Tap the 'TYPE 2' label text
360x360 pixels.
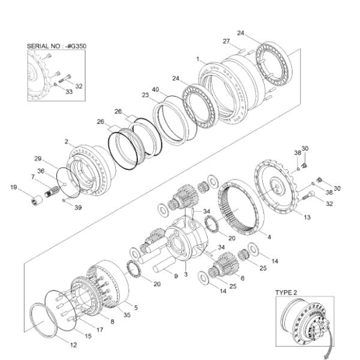pos(287,292)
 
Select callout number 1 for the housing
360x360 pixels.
pos(198,59)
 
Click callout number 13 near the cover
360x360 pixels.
pos(307,217)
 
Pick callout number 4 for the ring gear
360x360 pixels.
pos(269,237)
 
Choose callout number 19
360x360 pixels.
pos(13,188)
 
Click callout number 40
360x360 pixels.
pos(155,89)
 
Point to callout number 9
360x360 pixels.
pos(176,277)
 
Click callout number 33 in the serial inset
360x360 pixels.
pos(68,92)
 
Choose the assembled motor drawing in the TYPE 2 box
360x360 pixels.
pos(310,324)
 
